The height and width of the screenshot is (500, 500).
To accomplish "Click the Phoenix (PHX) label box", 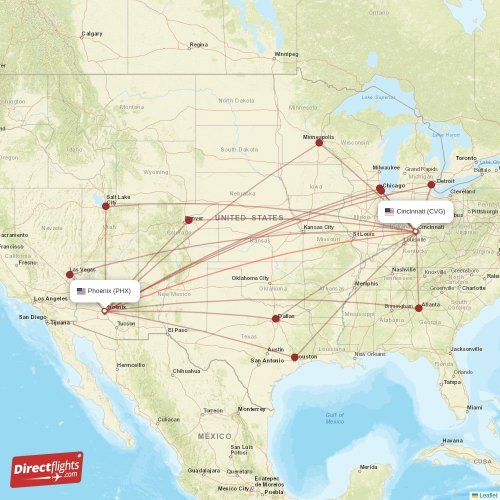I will pos(104,291).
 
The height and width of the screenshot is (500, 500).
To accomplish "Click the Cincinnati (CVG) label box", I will pos(415,212).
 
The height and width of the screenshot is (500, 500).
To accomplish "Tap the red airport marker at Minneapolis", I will pos(319,142).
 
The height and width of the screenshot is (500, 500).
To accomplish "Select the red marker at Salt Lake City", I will pos(106,206).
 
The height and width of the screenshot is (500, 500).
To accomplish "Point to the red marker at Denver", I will pos(188,220).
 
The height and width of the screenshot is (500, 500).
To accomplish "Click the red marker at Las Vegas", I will pos(70,273).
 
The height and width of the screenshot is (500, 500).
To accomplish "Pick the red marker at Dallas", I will pos(276,319).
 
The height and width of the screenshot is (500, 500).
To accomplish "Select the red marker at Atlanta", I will pos(419,308).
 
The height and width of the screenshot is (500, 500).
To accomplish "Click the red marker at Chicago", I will pos(380,188).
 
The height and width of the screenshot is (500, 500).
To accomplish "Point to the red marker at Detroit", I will pos(432,184).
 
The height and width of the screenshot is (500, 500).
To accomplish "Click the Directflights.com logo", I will pos(47,469).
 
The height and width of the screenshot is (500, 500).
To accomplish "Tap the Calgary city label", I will pos(92,34).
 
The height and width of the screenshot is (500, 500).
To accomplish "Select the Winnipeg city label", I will pos(286,54).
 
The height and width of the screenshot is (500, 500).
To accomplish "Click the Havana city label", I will pos(453,440).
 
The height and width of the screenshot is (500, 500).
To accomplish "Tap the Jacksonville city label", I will pos(466,349).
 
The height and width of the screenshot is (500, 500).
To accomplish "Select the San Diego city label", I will pos(32,317).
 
